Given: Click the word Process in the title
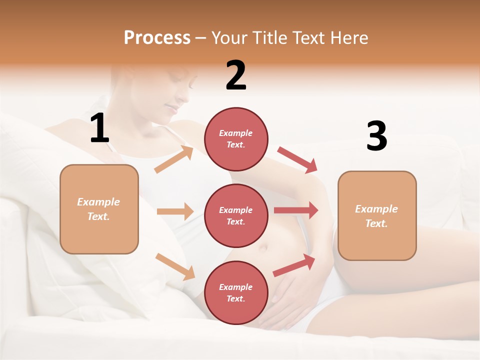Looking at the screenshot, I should click(x=157, y=38).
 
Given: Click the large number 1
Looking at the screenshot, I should click(x=99, y=128).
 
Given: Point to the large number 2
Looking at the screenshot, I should click(x=236, y=75).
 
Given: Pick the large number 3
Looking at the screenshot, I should click(x=376, y=136).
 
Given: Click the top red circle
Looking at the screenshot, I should click(x=236, y=138).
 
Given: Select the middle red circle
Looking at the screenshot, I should click(x=236, y=215).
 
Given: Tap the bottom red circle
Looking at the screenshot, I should click(x=236, y=292).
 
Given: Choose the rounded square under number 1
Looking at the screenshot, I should click(x=99, y=209).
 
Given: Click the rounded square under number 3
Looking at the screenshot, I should click(x=377, y=215).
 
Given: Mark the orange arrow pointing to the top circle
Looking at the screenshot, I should click(x=174, y=159).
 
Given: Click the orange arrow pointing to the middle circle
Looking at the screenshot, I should click(x=175, y=211).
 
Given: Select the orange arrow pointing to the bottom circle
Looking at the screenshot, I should click(x=175, y=266).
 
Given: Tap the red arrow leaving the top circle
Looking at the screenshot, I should click(x=297, y=160).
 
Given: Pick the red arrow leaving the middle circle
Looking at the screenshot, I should click(x=296, y=210).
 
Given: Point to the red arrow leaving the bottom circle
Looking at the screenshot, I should click(x=294, y=265).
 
